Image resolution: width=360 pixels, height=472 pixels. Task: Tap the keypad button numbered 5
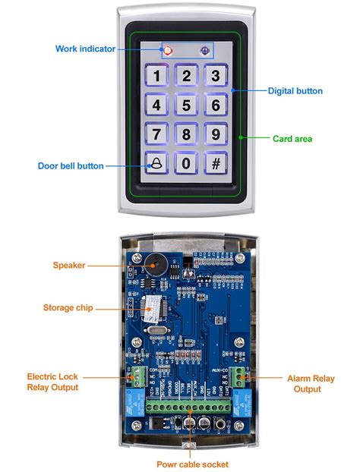point(186,105)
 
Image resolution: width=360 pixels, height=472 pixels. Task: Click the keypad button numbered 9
point(216,134)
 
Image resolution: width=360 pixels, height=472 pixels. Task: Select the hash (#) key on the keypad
point(216,163)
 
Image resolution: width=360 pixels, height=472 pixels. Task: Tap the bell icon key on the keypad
point(157,163)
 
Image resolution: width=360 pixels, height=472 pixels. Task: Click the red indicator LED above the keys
point(168,51)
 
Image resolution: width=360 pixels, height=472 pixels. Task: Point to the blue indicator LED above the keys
point(204,51)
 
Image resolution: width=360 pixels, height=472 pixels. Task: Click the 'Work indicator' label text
point(85,49)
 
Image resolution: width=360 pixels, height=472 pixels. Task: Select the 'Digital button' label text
point(295,91)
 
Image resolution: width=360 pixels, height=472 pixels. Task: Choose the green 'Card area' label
point(292,139)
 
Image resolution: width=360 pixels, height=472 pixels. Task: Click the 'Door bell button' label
point(71,165)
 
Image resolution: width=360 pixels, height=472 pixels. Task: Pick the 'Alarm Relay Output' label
point(308,382)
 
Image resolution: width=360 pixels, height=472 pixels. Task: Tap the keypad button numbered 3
point(216,76)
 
